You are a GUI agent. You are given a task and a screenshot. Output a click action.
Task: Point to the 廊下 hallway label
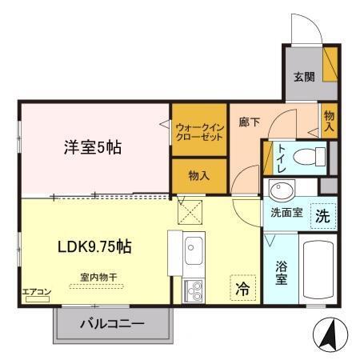[249, 122]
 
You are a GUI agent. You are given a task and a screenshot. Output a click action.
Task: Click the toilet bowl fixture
[306, 158]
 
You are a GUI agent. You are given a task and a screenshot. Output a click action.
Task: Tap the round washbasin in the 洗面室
[281, 191]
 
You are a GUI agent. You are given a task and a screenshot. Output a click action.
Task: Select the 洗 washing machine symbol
[320, 215]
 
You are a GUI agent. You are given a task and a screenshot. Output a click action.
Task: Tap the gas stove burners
[194, 292]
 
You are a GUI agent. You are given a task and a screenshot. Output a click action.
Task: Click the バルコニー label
[112, 324]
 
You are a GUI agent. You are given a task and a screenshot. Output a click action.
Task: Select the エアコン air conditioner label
[37, 291]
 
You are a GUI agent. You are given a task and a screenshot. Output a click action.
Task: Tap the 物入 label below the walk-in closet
[199, 174]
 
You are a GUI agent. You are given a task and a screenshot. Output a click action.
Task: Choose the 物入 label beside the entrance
[329, 122]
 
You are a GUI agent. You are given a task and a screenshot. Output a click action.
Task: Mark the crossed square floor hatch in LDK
[190, 212]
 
